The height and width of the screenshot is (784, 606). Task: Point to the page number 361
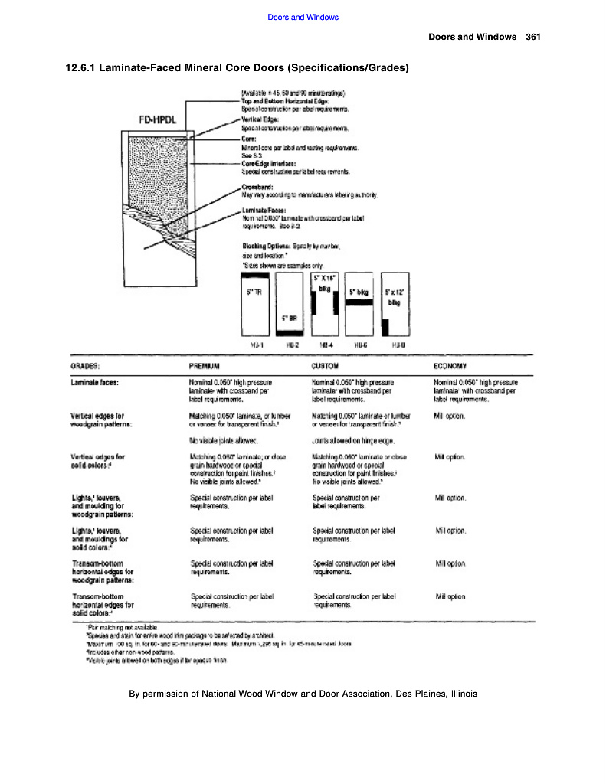point(534,37)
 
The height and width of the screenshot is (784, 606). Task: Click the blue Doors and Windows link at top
point(303,17)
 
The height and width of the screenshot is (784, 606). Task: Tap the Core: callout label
point(248,139)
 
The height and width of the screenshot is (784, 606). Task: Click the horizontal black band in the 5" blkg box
point(359,302)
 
